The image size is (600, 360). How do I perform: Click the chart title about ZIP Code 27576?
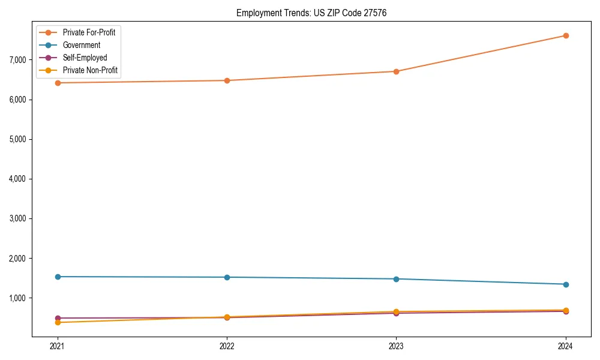(307, 13)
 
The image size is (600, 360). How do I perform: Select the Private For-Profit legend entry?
(89, 32)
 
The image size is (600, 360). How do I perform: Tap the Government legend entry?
(82, 45)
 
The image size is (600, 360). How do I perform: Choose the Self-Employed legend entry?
(85, 58)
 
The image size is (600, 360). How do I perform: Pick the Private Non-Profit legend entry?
(90, 70)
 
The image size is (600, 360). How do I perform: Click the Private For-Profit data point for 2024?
(566, 35)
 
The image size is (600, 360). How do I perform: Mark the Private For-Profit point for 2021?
(58, 83)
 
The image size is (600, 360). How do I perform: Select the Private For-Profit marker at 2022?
(227, 80)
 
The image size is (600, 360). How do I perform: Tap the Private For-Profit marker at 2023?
(396, 71)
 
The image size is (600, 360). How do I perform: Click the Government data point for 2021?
(58, 277)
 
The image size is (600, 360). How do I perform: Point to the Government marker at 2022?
(227, 277)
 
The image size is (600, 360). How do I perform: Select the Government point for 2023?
(396, 279)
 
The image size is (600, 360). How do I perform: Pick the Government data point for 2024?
(566, 284)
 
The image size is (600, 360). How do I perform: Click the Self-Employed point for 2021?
(58, 318)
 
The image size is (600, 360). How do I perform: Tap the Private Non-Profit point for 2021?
(58, 323)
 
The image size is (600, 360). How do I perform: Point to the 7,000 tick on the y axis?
(18, 60)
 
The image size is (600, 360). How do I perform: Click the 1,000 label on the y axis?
(18, 298)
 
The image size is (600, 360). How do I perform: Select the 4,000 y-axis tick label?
(18, 179)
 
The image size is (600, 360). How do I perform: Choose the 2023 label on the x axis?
(396, 346)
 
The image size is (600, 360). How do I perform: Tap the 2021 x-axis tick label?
(58, 346)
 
